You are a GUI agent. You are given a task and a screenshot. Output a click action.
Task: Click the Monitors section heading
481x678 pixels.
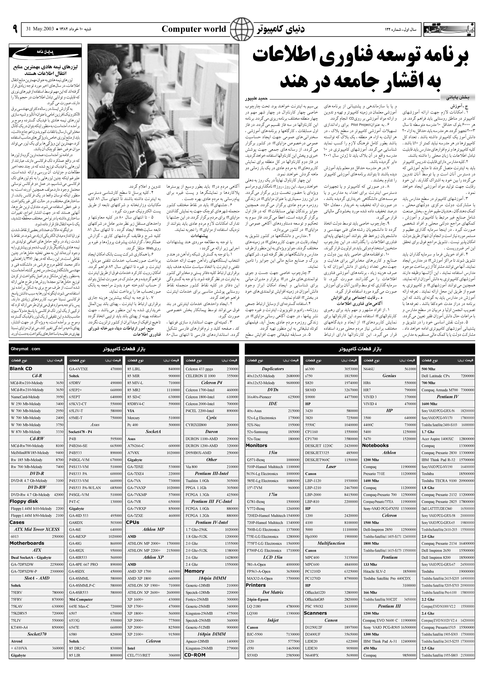[257, 445]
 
